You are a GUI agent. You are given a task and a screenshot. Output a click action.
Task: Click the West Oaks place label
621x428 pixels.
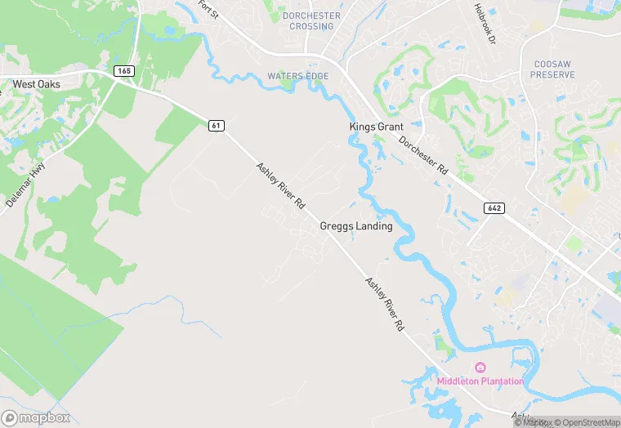click(36, 84)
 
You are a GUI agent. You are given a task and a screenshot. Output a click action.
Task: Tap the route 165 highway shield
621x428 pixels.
click(124, 72)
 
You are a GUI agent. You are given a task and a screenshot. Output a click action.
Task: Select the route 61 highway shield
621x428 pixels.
click(216, 125)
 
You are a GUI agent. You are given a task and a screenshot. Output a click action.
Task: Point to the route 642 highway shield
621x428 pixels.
click(494, 207)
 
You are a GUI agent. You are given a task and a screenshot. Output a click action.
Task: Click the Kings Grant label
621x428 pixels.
click(376, 127)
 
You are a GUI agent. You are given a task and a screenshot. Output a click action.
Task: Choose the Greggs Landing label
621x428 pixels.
click(355, 226)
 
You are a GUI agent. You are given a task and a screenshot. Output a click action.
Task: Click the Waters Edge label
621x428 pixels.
click(297, 77)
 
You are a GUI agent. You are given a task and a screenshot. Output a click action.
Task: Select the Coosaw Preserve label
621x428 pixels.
click(554, 69)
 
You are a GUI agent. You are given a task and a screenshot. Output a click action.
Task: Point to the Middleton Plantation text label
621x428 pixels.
click(480, 381)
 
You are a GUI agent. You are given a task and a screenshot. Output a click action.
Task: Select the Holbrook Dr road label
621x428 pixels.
click(485, 22)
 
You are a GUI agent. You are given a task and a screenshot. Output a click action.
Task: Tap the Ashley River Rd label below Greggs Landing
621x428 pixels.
click(385, 303)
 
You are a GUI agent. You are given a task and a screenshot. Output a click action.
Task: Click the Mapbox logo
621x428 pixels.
click(35, 417)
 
